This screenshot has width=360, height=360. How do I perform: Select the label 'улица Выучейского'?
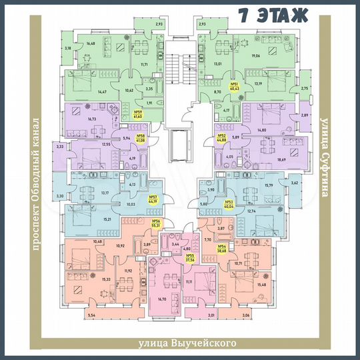(188, 343)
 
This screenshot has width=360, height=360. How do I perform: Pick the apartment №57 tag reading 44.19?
(152, 199)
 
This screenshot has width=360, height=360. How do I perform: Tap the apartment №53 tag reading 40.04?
(229, 205)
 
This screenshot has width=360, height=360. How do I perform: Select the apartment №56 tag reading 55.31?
(157, 225)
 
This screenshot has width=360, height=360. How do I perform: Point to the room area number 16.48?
(91, 45)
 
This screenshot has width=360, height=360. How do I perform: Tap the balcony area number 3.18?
(67, 49)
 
